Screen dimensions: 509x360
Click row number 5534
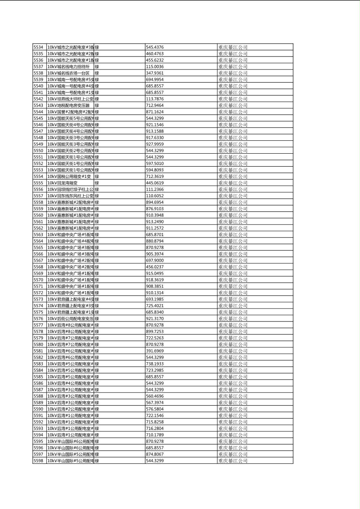pos(38,47)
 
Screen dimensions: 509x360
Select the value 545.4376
pos(155,47)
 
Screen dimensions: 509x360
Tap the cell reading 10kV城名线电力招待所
pos(69,67)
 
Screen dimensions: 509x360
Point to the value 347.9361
pos(155,73)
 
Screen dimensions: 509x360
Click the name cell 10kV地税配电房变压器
pos(69,105)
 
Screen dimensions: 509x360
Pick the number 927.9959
pos(155,144)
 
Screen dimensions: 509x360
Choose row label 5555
pos(38,183)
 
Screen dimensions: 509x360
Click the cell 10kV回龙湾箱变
pos(63,183)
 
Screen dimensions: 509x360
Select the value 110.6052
pos(155,196)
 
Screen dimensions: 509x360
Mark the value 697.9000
pos(155,260)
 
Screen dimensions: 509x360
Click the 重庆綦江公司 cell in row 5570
pos(233,280)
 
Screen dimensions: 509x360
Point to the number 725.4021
pos(155,306)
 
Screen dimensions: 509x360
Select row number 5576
pos(38,319)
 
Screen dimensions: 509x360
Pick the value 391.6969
pos(155,351)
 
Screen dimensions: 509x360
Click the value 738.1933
pos(155,364)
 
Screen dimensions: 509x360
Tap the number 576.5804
pos(155,409)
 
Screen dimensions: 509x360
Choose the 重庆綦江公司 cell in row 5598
pos(233,461)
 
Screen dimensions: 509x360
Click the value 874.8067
pos(155,454)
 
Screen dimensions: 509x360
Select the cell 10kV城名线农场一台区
pos(69,73)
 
